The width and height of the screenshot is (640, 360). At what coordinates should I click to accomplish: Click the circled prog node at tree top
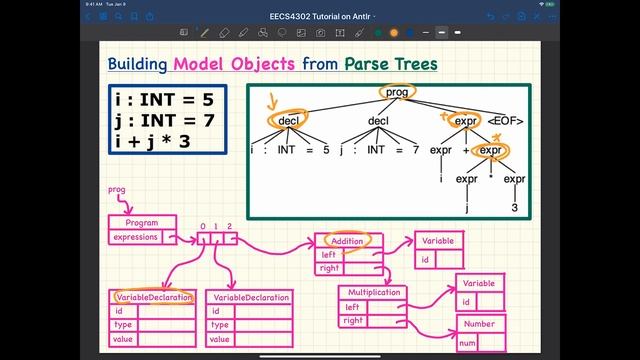click(x=397, y=92)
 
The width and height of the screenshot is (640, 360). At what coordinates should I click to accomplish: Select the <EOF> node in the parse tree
click(x=506, y=120)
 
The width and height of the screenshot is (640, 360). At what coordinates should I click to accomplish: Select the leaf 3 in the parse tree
click(x=514, y=208)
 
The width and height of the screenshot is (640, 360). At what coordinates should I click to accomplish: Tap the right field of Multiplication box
click(x=353, y=320)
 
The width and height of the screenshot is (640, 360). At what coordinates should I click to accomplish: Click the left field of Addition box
click(x=329, y=254)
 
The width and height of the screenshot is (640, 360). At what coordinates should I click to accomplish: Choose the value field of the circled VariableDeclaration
click(x=124, y=339)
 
